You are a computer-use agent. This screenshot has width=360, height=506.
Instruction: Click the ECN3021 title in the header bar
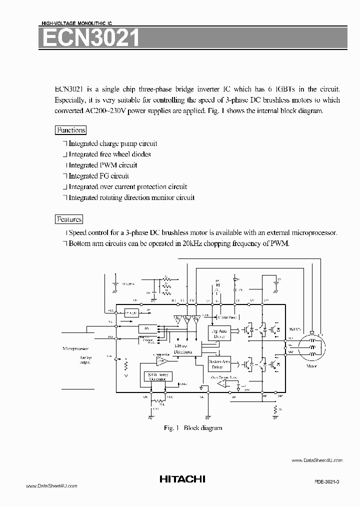[90, 38]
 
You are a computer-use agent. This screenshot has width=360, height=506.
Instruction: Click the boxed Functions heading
[70, 130]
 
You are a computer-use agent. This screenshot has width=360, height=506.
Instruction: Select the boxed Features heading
[69, 219]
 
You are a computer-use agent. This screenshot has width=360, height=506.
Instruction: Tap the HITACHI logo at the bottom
[182, 479]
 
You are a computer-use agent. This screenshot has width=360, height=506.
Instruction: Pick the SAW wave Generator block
[157, 377]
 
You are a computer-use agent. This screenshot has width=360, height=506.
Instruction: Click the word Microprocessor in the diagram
[75, 347]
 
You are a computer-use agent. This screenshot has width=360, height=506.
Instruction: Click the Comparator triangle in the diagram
[160, 360]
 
